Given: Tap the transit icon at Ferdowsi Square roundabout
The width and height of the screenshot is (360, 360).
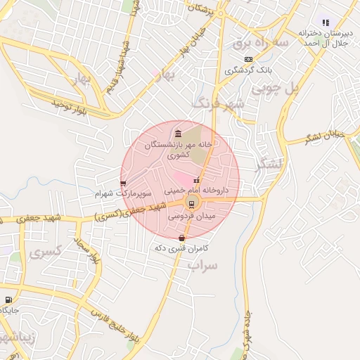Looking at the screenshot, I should click(192, 205).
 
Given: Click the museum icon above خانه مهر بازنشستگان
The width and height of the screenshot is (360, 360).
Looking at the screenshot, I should click(177, 134).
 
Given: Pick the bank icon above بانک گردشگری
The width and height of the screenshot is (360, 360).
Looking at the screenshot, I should click(247, 60).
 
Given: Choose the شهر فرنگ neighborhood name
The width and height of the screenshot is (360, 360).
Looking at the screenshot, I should click(221, 104).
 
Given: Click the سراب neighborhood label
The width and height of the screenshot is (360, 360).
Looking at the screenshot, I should click(204, 265).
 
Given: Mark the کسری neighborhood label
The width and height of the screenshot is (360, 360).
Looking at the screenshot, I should click(47, 250).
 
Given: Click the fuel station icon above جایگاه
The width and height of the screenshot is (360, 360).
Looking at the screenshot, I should click(8, 300).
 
